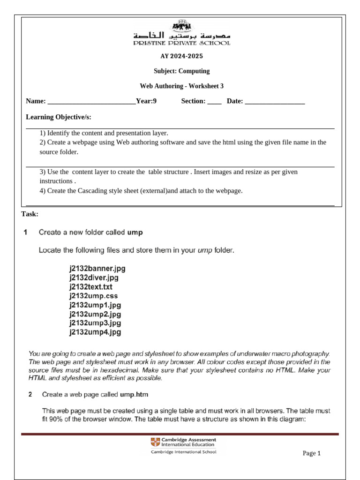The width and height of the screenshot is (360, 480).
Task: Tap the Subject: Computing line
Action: (x=182, y=71)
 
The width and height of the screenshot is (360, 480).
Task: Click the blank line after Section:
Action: (x=214, y=102)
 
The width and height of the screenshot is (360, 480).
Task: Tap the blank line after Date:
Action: (x=275, y=102)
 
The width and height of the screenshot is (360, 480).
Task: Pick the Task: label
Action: (x=30, y=214)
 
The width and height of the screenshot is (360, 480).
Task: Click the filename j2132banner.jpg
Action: (x=97, y=269)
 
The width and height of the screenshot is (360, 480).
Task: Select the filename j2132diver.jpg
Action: (x=94, y=278)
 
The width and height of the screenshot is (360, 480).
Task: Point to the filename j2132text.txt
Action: (x=91, y=287)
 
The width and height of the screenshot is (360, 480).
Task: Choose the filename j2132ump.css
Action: (x=93, y=296)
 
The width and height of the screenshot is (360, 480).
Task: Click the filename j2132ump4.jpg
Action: (x=95, y=332)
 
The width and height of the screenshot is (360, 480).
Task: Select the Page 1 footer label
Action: (x=311, y=453)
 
